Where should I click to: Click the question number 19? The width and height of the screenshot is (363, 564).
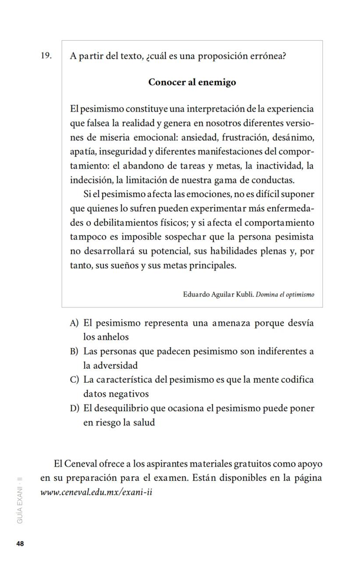click(x=46, y=56)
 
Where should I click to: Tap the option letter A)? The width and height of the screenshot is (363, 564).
click(x=74, y=323)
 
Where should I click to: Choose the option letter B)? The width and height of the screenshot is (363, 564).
click(x=74, y=352)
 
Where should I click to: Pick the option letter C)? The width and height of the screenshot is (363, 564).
click(x=74, y=380)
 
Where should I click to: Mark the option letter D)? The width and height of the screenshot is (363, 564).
click(x=74, y=408)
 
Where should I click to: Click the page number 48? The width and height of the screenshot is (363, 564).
click(x=20, y=544)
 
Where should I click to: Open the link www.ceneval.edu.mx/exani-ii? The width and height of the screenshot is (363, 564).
click(x=96, y=492)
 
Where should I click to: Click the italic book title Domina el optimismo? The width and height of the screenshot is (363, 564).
click(x=285, y=294)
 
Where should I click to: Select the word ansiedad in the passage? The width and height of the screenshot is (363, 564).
click(x=200, y=137)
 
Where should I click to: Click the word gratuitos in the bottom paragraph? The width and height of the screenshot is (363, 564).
click(x=253, y=464)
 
